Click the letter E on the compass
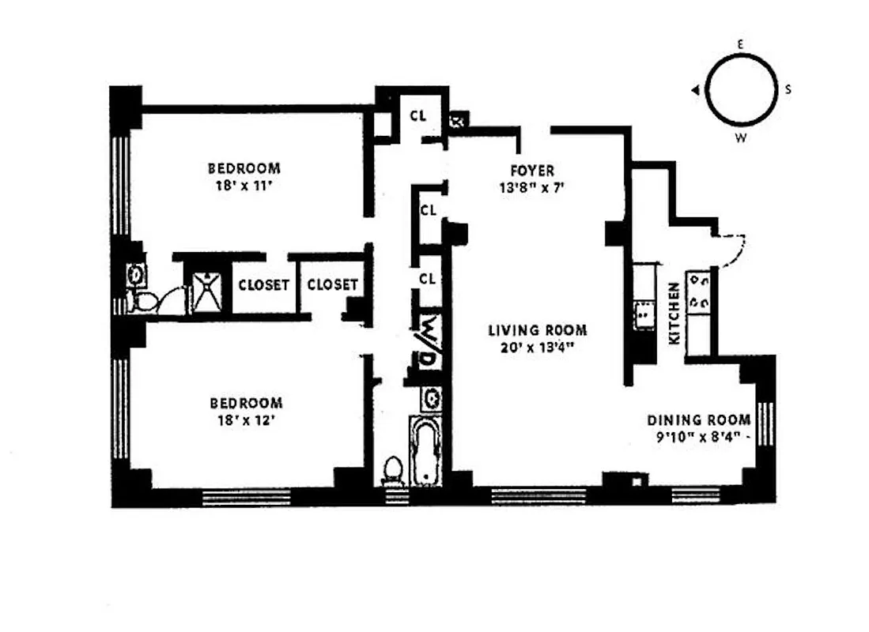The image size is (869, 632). (740, 45)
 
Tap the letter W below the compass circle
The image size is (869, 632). (741, 138)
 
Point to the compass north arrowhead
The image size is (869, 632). (695, 91)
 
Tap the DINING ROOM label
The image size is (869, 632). (698, 420)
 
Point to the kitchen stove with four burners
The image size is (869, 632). (700, 292)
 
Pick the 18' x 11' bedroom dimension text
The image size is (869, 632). (244, 187)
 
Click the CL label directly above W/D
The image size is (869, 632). (428, 278)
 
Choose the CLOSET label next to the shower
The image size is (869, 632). (263, 285)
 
